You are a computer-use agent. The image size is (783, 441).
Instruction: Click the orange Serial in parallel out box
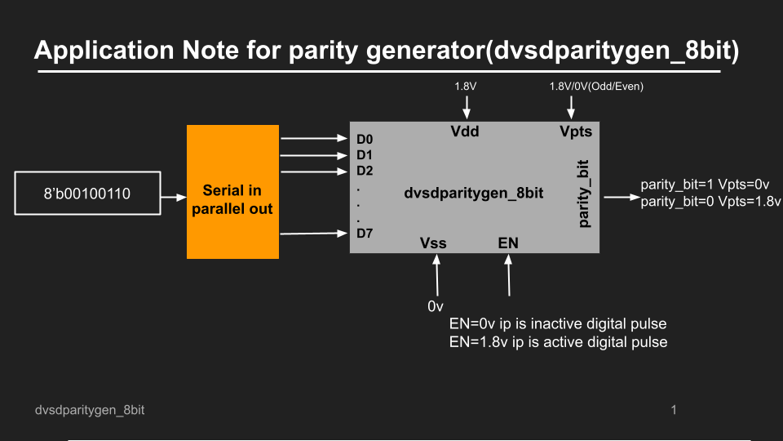tap(232, 193)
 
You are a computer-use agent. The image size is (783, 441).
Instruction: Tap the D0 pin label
tap(365, 139)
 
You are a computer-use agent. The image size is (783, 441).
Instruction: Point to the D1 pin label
tap(365, 155)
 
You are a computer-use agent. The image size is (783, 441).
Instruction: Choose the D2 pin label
tap(365, 171)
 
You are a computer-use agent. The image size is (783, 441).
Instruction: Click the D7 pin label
tap(365, 234)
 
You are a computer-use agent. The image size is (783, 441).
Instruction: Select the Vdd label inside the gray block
tap(466, 131)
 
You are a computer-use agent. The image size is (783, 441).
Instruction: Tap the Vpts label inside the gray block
tap(575, 131)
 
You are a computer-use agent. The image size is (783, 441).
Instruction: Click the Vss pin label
tap(433, 243)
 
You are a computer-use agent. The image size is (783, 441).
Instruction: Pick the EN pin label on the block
tap(508, 243)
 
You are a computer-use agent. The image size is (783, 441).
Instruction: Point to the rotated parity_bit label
tap(585, 194)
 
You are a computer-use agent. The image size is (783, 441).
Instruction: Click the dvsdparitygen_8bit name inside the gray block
tap(473, 194)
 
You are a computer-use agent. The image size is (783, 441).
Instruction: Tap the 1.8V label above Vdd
tap(466, 86)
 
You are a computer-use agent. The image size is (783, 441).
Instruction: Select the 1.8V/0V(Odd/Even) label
tap(596, 86)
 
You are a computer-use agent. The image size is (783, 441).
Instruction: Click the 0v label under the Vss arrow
tap(436, 306)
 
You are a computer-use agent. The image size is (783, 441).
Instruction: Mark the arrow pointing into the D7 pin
tap(313, 234)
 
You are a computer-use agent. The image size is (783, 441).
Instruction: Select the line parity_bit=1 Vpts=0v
tap(705, 185)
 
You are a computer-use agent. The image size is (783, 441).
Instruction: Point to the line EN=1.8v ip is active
tap(558, 341)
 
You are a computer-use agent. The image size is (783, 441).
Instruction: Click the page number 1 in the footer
tap(674, 409)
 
